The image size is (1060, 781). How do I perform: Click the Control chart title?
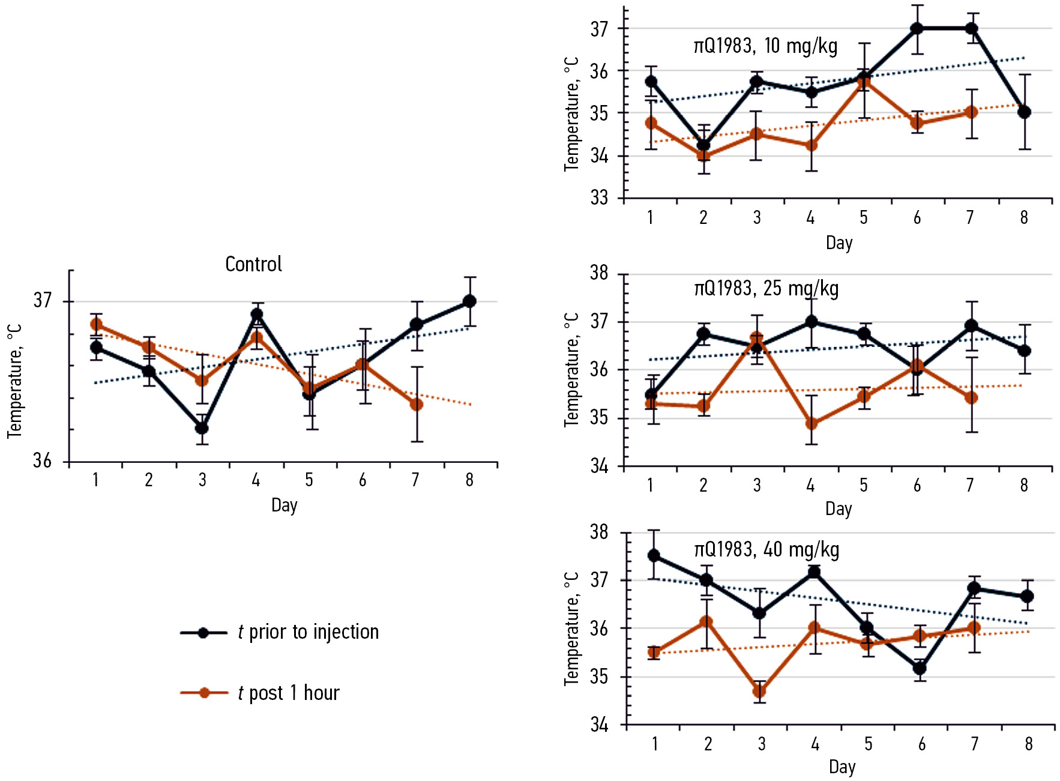(x=253, y=264)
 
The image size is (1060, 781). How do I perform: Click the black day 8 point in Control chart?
(x=469, y=301)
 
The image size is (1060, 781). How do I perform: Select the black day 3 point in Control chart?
(x=202, y=428)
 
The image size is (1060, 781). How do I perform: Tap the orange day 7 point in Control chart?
(x=417, y=405)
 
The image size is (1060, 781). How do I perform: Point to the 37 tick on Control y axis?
(x=43, y=300)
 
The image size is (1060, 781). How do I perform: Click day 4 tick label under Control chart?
(x=256, y=480)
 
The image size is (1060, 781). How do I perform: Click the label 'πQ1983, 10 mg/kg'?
(x=765, y=46)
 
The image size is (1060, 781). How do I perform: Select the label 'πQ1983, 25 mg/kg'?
(x=766, y=289)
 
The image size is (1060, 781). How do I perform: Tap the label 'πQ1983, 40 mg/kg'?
(x=766, y=550)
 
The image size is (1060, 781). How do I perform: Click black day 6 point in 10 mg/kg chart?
(x=917, y=28)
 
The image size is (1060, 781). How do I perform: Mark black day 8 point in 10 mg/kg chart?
(x=1024, y=112)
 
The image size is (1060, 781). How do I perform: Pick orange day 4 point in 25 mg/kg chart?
(x=812, y=424)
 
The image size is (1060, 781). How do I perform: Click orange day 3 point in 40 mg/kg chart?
(x=759, y=692)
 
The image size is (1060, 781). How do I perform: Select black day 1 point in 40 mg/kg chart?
(x=654, y=556)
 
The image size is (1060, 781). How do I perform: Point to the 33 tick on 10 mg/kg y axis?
(x=599, y=198)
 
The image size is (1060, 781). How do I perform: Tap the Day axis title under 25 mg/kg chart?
(x=839, y=509)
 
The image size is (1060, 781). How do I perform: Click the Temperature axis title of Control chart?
(x=14, y=381)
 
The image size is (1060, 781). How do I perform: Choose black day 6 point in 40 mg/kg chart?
(x=920, y=668)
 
